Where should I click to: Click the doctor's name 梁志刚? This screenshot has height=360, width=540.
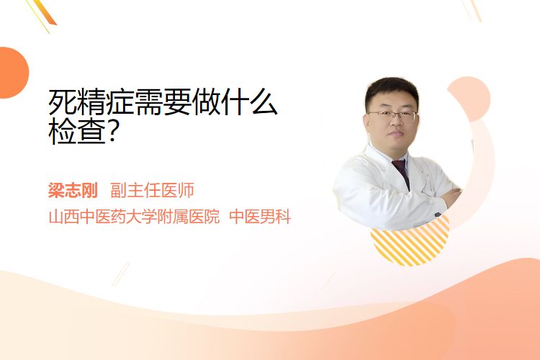click(73, 190)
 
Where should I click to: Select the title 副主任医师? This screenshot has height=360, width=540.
click(152, 190)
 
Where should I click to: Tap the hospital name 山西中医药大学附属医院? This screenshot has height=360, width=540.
click(135, 217)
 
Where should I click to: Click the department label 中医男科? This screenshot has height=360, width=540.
click(260, 217)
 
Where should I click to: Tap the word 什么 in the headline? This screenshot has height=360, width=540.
click(249, 102)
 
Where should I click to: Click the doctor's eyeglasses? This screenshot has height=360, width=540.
click(392, 116)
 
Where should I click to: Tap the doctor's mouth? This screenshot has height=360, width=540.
click(396, 134)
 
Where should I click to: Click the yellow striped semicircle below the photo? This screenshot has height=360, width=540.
click(410, 244)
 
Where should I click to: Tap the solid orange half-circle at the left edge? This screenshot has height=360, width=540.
click(13, 73)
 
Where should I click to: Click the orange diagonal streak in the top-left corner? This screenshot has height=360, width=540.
click(46, 12)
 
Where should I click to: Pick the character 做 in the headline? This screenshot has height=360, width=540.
click(207, 102)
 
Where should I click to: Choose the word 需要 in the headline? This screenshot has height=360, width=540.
click(163, 102)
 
